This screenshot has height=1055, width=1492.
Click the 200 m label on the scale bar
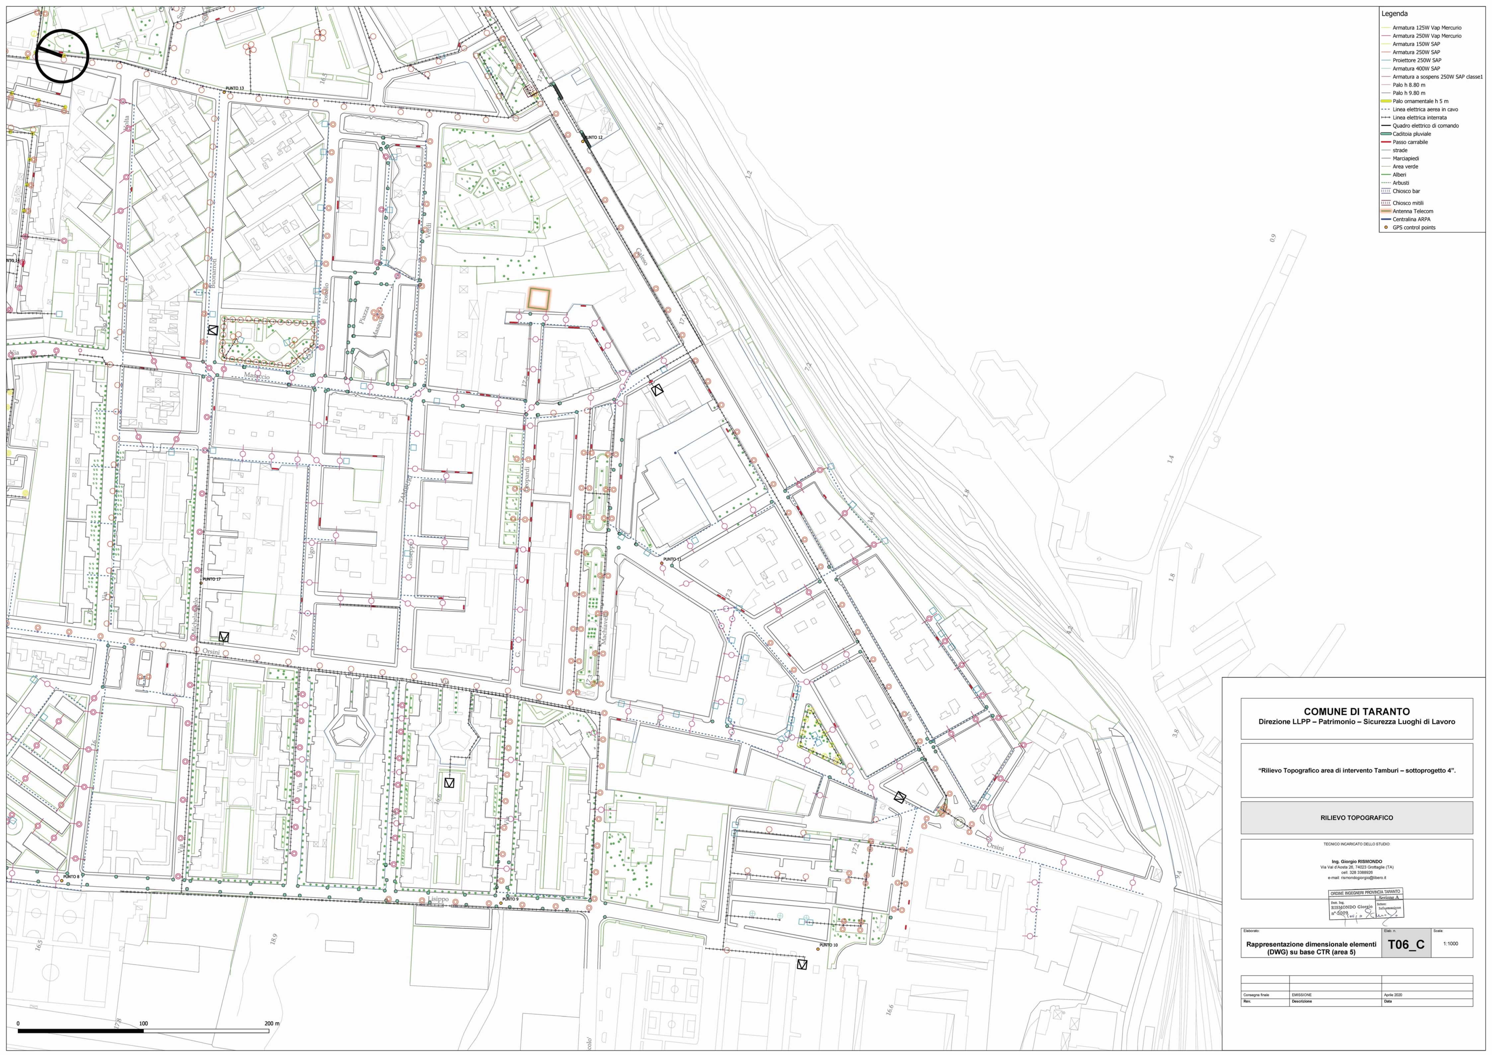tap(272, 1023)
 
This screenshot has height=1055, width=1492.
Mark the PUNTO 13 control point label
tap(235, 88)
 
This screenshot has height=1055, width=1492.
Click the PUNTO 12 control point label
tap(593, 138)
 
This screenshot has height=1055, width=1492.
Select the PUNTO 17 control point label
tap(211, 579)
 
